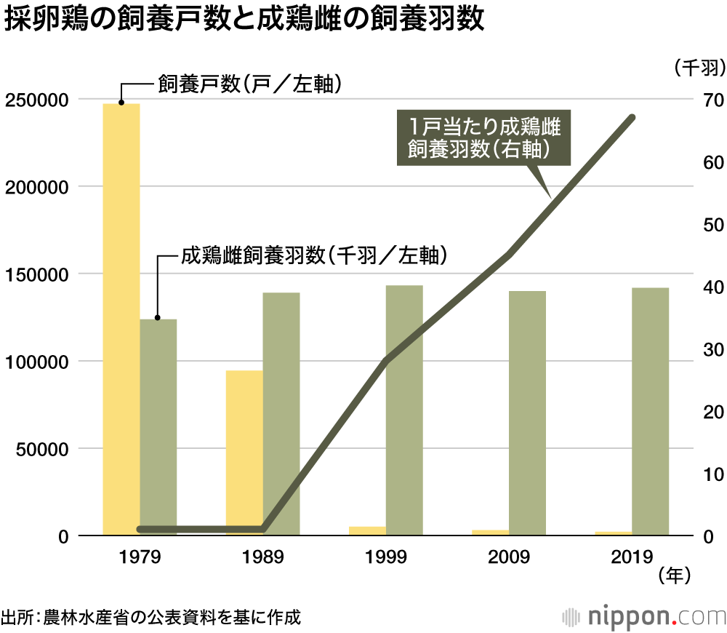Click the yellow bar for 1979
pos(121,320)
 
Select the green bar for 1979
pos(158,422)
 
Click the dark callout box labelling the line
pos(483,138)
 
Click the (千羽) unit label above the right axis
pos(696,68)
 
